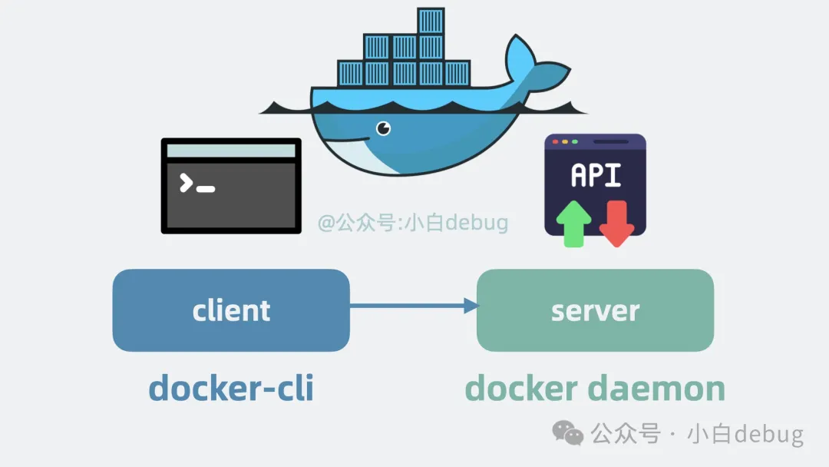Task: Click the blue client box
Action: [231, 310]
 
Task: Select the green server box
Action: [595, 310]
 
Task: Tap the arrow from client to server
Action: [414, 306]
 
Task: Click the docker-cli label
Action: [231, 388]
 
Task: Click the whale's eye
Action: [383, 128]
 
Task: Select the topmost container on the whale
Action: [431, 21]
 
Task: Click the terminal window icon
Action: [231, 186]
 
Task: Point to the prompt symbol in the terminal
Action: [197, 184]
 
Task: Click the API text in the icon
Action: [596, 175]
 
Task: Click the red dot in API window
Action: [555, 142]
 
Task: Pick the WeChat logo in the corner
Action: [569, 434]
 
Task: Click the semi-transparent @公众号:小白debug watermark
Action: [413, 224]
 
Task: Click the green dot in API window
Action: [574, 142]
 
